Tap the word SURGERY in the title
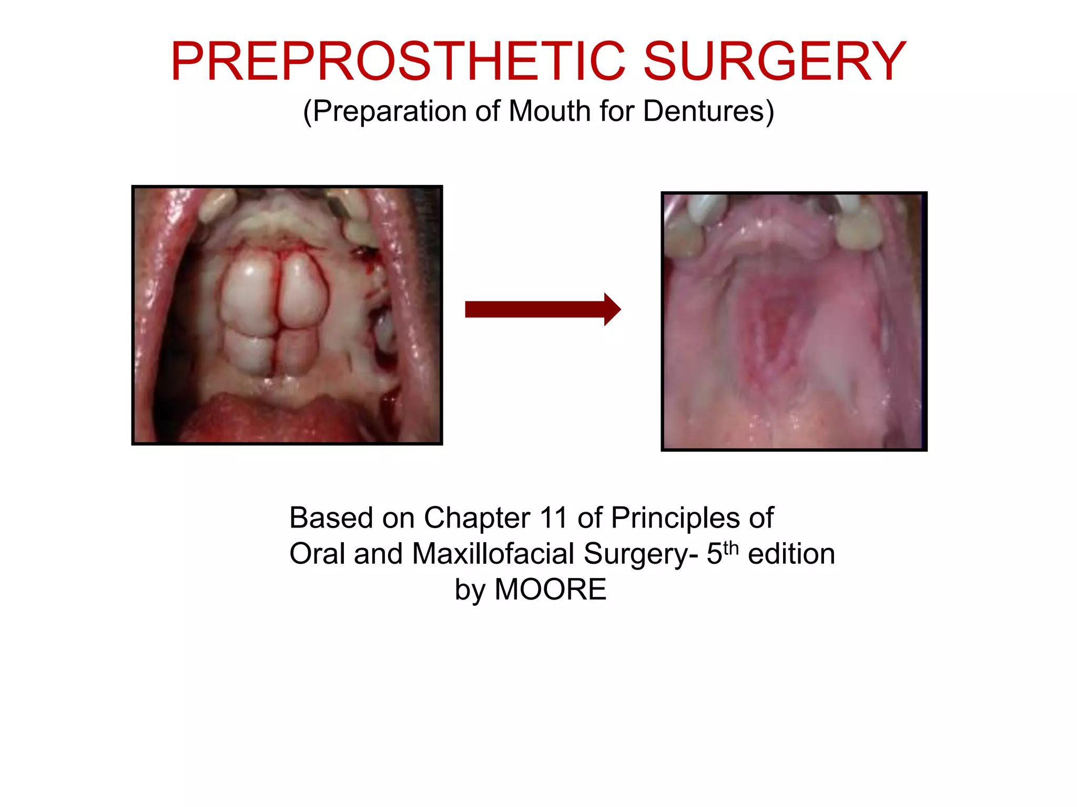pos(775,62)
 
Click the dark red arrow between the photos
pos(536,309)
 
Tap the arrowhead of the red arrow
pos(611,309)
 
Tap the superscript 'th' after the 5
pos(731,547)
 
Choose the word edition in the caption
pos(791,554)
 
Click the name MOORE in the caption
pos(551,589)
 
